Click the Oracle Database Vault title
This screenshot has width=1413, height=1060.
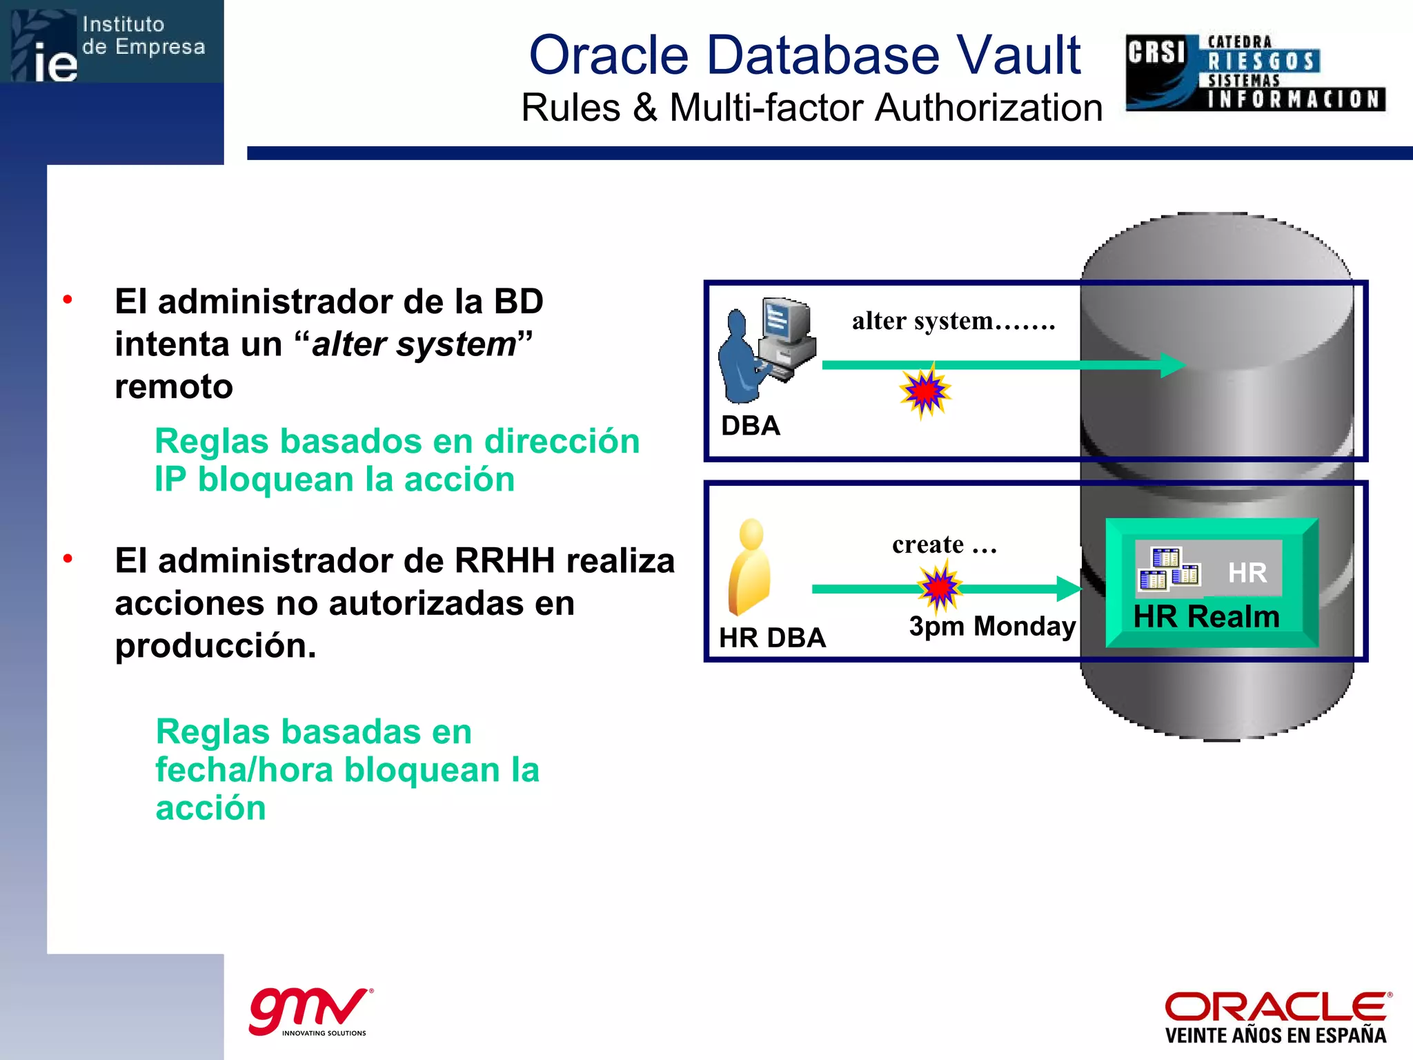[x=804, y=55]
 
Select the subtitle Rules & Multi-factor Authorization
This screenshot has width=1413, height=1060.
[x=811, y=108]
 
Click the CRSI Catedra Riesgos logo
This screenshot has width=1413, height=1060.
[x=1255, y=72]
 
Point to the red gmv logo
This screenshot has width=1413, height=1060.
[x=310, y=1010]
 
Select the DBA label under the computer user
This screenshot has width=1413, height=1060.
[x=750, y=426]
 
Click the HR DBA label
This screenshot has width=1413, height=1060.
[x=772, y=638]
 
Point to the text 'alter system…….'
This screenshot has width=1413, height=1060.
[x=953, y=321]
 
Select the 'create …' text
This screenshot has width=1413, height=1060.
[x=944, y=544]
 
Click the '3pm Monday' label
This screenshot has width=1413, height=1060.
[x=991, y=626]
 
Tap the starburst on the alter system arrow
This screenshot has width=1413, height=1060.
[x=925, y=391]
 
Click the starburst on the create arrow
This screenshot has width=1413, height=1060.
[x=939, y=587]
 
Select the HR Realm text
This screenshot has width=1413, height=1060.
[x=1206, y=616]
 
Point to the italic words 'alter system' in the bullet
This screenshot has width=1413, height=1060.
[x=413, y=344]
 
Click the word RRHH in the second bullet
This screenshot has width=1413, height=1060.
[x=504, y=560]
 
